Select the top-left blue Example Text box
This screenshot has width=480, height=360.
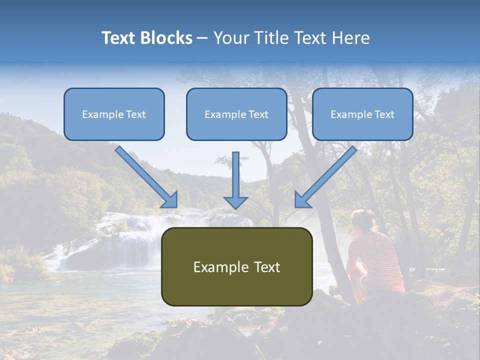[114, 114]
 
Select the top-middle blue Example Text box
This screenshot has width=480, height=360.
[236, 114]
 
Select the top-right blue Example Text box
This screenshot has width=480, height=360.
[362, 114]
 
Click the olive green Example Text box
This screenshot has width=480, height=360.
[236, 266]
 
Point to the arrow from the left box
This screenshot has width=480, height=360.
[145, 175]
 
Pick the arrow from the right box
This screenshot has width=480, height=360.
[327, 175]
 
